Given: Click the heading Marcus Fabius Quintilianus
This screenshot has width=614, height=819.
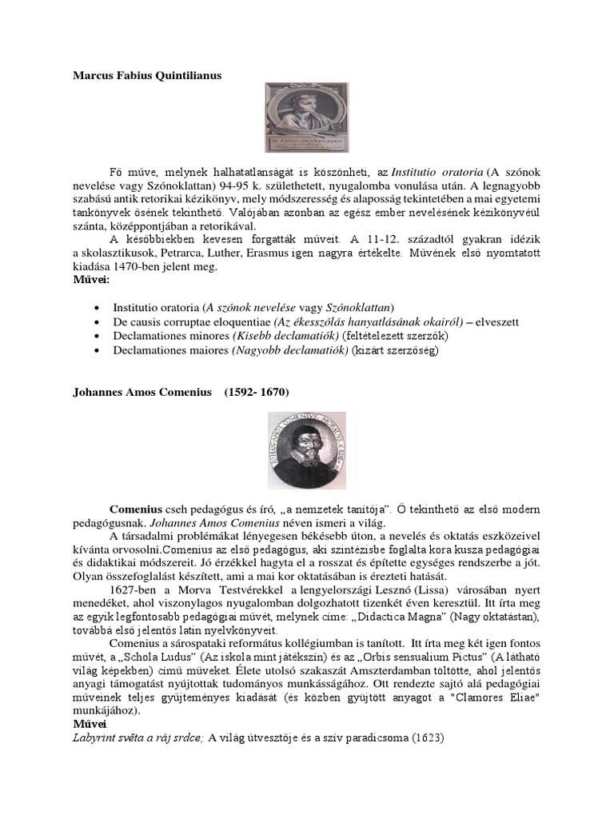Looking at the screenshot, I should pos(147,75).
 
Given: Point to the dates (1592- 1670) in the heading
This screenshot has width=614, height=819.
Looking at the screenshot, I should pos(257,393).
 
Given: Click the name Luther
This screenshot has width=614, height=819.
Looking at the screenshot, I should pos(247,254).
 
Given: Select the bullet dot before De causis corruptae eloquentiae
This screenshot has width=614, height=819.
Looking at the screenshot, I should pos(97,322).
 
